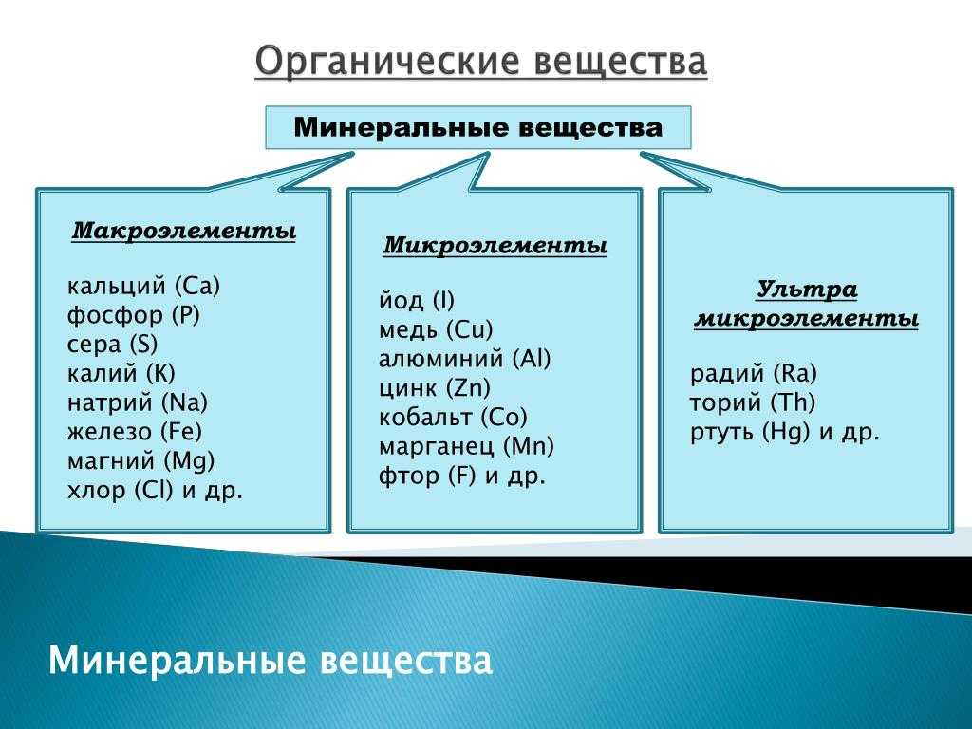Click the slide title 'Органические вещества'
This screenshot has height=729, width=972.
pos(480,62)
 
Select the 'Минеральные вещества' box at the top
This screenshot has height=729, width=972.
pos(478,128)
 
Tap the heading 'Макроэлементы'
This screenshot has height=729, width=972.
pos(183,232)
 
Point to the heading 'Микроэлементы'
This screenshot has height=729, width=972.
pos(495,246)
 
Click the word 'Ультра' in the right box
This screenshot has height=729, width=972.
pos(807,290)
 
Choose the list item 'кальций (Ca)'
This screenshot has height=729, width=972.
pos(144,287)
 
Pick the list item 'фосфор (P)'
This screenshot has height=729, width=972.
pos(133,315)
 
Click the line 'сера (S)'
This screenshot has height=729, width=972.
pos(112,345)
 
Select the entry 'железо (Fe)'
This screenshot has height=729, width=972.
pos(135,432)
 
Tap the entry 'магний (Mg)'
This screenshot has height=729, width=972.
pos(140,461)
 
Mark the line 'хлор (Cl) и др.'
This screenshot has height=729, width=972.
pos(155,491)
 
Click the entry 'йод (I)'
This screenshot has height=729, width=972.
pos(417,301)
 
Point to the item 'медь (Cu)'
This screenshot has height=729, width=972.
pos(436,329)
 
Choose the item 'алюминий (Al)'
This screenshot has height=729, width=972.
pos(465,359)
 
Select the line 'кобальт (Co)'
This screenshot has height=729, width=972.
pos(453,418)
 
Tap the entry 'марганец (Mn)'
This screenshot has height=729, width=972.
pos(466,446)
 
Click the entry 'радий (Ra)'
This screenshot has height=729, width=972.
pos(754,374)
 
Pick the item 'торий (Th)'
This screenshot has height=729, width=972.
pos(753,402)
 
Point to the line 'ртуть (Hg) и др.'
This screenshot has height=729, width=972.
pos(785,432)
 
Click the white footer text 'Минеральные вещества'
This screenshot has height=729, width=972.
pos(271,661)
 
